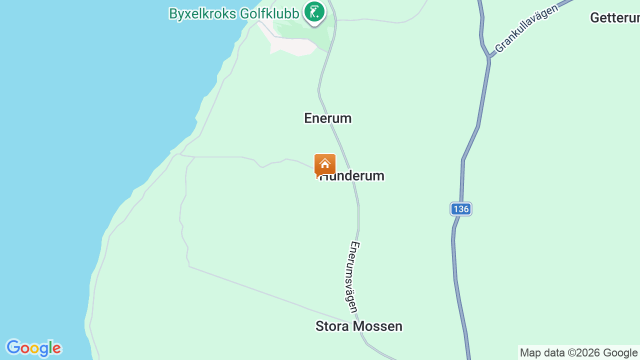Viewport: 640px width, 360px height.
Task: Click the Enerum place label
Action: pos(327,118)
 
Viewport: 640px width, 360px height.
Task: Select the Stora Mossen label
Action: pos(358,326)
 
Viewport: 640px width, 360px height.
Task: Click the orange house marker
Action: pos(325,164)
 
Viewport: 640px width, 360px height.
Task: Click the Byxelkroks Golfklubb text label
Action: pos(233,13)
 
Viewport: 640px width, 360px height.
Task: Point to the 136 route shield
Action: pos(460,209)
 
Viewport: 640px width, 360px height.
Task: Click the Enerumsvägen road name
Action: pos(353,277)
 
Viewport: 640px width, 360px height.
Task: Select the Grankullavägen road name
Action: pos(526,29)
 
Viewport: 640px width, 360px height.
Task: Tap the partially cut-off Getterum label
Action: pos(614,18)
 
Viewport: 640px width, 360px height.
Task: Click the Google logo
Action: pos(33,348)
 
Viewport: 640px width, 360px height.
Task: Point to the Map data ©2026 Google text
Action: pos(578,352)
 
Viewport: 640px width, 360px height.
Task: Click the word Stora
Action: pos(332,326)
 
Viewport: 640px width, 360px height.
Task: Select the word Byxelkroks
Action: pos(202,13)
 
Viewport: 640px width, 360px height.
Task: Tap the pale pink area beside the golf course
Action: pos(292,46)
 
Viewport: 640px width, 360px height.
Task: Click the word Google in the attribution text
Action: pos(620,352)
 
